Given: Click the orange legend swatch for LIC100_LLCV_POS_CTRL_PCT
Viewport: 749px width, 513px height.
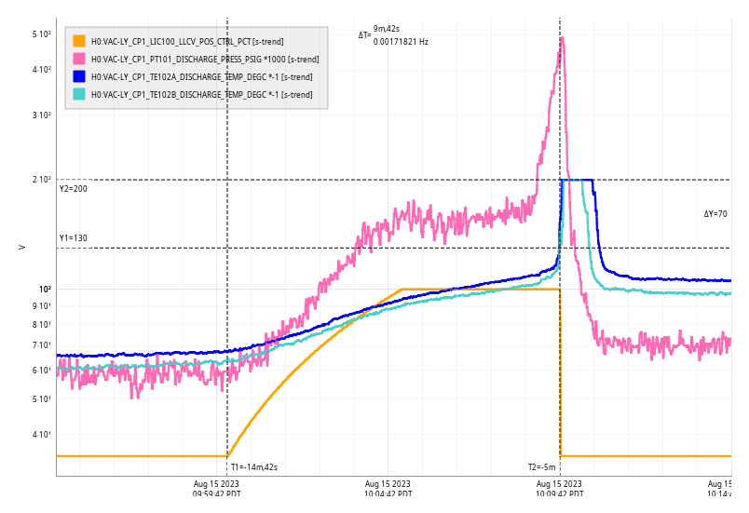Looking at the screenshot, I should click(x=79, y=41).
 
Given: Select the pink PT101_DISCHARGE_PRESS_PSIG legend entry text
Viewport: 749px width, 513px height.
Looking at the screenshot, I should click(x=204, y=59).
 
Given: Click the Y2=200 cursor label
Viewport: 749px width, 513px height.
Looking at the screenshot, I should click(x=73, y=189).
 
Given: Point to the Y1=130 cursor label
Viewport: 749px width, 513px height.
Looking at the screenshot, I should click(x=73, y=238).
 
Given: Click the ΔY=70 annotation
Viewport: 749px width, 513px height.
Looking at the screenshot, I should click(x=715, y=214).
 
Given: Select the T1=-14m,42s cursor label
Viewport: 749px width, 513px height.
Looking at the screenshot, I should click(x=254, y=467).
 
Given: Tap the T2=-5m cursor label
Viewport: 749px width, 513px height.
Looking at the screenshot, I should click(x=541, y=467).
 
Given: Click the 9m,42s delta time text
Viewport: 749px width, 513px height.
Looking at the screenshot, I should click(x=387, y=29).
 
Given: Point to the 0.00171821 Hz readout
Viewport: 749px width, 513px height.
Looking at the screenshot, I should click(x=401, y=42).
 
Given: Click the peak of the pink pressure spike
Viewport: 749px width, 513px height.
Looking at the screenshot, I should click(x=563, y=38).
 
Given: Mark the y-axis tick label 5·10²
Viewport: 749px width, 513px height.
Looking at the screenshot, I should click(x=41, y=34).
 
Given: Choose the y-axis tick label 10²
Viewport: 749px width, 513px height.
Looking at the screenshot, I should click(x=44, y=289).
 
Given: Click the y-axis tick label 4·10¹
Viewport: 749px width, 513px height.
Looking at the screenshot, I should click(x=41, y=435).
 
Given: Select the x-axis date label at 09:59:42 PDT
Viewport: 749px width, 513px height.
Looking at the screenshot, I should click(x=216, y=489).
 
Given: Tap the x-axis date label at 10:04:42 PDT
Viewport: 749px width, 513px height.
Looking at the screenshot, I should click(x=388, y=489).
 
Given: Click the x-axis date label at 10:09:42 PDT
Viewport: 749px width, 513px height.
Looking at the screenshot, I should click(x=559, y=489).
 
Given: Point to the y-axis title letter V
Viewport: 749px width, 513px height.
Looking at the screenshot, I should click(x=21, y=247).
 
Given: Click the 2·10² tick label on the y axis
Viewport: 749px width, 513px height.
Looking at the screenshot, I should click(x=41, y=180).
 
